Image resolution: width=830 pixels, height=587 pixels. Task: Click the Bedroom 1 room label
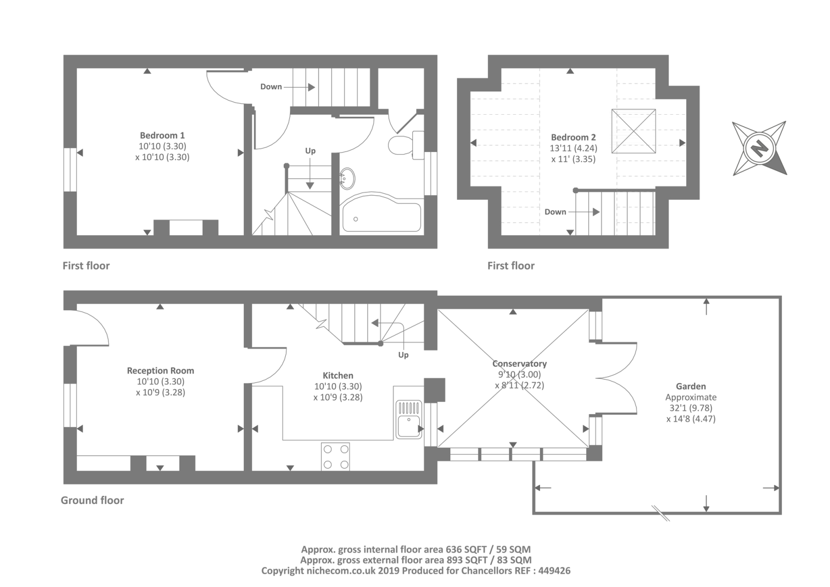(x=162, y=135)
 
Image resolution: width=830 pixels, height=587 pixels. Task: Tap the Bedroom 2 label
(x=573, y=138)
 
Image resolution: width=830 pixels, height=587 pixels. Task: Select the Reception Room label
(x=160, y=371)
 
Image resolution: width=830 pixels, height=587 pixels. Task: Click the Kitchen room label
(x=338, y=375)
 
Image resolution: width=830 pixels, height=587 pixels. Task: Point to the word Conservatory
(x=519, y=364)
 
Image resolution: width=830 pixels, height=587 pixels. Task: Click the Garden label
(x=690, y=386)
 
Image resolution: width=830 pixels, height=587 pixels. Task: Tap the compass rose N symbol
(x=759, y=148)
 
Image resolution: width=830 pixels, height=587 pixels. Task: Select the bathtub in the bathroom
(x=382, y=213)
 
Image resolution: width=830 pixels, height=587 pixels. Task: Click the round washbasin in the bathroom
(x=347, y=179)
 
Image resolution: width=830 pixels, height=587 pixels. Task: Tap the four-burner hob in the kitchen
(x=335, y=457)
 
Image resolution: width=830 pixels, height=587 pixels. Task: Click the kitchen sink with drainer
(x=409, y=419)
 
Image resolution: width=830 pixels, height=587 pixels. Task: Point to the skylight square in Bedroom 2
(x=633, y=131)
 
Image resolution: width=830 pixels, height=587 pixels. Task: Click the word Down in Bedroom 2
(x=555, y=212)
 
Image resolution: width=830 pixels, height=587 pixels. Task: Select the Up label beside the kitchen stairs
(x=403, y=355)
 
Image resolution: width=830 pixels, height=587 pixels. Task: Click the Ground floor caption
(x=92, y=501)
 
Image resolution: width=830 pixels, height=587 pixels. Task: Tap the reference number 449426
(x=555, y=571)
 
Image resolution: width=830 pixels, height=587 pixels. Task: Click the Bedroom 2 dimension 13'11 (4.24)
(x=573, y=148)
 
